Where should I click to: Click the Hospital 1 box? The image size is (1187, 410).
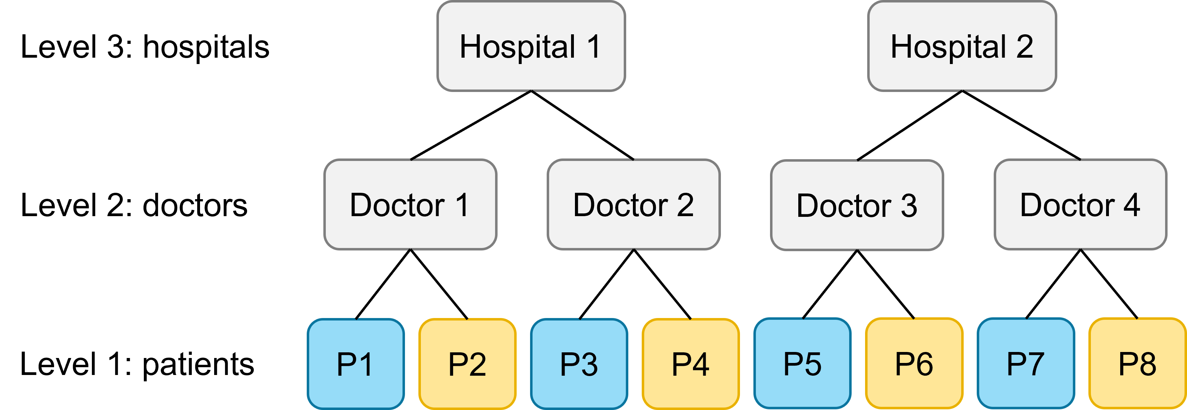click(531, 46)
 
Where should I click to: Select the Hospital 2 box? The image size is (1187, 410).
click(962, 46)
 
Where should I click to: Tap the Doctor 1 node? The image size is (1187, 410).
click(410, 204)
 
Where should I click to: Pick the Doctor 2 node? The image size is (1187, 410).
click(634, 204)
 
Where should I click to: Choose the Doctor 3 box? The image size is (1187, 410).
click(857, 205)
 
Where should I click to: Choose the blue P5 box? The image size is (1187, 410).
click(802, 363)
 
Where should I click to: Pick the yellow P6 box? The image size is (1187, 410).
click(914, 363)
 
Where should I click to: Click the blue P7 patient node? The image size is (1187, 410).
click(1026, 363)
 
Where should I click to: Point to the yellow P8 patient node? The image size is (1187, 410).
click(1137, 363)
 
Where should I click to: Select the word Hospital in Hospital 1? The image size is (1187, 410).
click(517, 47)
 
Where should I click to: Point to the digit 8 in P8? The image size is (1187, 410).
click(1147, 364)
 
